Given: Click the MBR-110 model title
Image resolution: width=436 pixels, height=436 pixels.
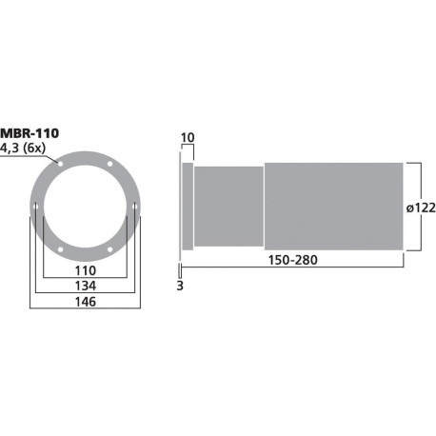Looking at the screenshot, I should (30, 132).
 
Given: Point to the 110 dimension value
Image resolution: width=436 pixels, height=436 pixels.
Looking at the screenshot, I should (86, 269).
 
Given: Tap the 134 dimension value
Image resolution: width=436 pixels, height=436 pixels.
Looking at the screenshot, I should (86, 287).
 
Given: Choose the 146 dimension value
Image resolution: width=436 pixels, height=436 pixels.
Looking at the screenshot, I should (86, 302).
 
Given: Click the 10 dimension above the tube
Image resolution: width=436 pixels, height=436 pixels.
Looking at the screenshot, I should (188, 139).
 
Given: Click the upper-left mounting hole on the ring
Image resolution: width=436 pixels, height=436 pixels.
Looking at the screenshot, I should (60, 163).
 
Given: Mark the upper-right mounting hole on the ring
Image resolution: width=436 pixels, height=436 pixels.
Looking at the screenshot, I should (110, 163).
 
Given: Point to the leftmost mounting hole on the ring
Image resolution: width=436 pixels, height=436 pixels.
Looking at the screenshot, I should (35, 206).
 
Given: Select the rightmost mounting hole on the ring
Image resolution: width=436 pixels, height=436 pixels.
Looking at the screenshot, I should (135, 206).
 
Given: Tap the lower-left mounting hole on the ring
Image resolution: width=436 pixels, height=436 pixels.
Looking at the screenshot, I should (60, 250).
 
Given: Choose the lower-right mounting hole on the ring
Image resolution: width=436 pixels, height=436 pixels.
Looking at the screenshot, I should (110, 250).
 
